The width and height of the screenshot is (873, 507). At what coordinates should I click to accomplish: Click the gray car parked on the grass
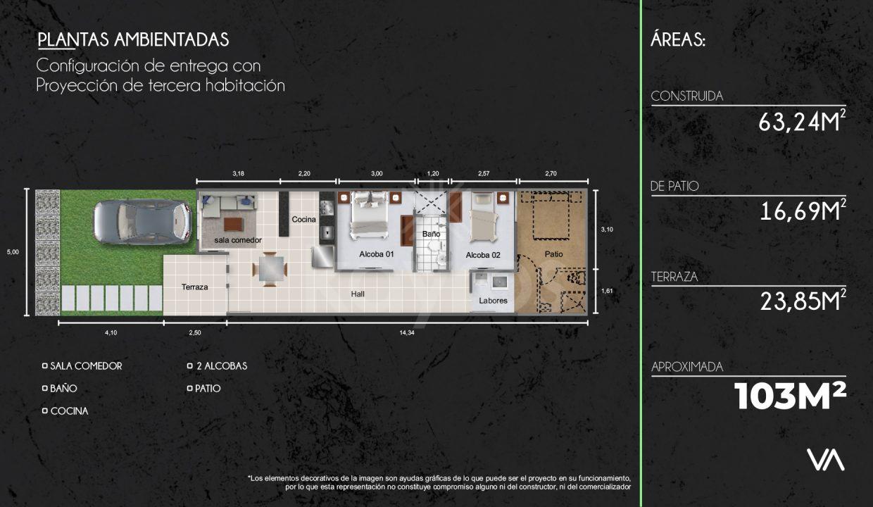(x=143, y=222)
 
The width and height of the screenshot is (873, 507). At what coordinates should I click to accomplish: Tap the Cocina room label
(x=303, y=220)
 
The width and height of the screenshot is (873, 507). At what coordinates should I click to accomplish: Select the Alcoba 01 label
(x=377, y=254)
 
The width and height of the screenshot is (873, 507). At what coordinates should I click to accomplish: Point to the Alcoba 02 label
(x=483, y=255)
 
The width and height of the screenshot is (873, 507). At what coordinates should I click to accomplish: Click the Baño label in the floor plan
(x=431, y=234)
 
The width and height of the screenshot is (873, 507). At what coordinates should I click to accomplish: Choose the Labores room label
(x=493, y=301)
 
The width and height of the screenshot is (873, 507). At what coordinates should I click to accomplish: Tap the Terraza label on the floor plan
(x=194, y=287)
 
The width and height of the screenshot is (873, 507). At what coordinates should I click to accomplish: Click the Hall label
(x=358, y=294)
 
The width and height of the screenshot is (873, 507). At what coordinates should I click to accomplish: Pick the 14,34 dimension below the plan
(x=406, y=332)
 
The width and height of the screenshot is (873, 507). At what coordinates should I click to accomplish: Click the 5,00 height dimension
(x=13, y=252)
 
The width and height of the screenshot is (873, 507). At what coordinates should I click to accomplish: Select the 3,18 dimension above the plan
(x=238, y=173)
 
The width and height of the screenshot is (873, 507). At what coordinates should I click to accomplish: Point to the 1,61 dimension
(x=607, y=291)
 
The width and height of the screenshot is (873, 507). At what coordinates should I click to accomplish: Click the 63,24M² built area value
(x=803, y=122)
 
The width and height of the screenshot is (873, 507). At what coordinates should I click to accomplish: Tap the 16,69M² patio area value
(x=803, y=211)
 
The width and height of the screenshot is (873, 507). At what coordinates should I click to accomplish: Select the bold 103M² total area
(x=791, y=396)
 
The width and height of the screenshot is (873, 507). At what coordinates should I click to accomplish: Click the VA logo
(x=825, y=460)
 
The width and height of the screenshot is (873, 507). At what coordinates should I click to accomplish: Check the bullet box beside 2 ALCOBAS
(x=190, y=365)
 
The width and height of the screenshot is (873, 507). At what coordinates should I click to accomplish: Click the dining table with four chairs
(x=270, y=269)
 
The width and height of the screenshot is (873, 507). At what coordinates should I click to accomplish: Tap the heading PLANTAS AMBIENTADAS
(x=133, y=39)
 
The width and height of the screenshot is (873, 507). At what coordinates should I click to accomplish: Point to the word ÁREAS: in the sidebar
(x=678, y=39)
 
